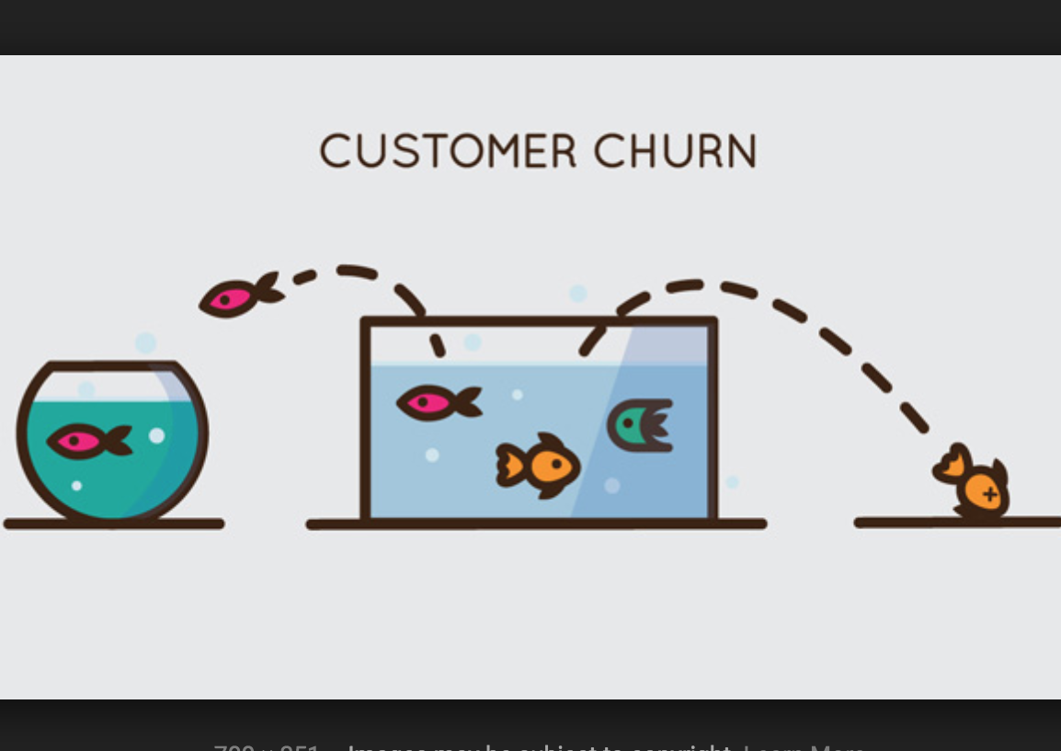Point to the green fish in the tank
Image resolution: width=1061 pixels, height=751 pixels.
click(x=640, y=425)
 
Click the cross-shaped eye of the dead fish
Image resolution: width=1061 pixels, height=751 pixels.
click(x=990, y=494)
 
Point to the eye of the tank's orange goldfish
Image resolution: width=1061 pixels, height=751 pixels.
click(x=555, y=463)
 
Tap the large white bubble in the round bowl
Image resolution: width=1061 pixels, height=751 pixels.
click(x=157, y=435)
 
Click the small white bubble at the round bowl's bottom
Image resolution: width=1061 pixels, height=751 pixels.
click(x=76, y=485)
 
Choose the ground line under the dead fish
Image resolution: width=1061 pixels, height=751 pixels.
click(x=956, y=523)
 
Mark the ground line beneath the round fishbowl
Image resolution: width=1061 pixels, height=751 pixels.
click(x=114, y=525)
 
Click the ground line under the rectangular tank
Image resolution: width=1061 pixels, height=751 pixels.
click(x=536, y=525)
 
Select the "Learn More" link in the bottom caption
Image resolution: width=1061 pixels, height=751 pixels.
click(x=804, y=744)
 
